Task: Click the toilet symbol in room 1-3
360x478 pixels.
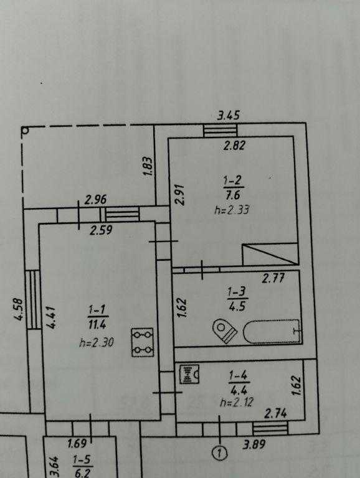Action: (225, 330)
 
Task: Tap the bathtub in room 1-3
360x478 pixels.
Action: (272, 332)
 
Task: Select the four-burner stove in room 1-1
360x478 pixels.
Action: (143, 342)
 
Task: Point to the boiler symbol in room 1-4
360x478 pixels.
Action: (189, 374)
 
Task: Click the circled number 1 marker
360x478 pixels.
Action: (220, 453)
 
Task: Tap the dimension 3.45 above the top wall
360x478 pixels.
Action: (229, 115)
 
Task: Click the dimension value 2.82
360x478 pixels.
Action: (234, 146)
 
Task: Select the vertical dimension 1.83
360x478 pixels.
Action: (148, 166)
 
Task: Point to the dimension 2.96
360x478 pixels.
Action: (96, 200)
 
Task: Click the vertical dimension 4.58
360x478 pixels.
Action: (18, 309)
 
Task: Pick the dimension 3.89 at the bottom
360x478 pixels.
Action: (254, 444)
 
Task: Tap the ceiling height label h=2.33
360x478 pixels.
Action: (232, 210)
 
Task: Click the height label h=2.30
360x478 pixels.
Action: (97, 343)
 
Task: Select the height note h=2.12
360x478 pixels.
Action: (237, 403)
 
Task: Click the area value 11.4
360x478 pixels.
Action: (97, 324)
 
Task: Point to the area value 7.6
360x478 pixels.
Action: (234, 194)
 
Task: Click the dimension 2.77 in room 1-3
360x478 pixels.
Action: (273, 278)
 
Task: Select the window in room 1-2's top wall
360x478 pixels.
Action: (220, 131)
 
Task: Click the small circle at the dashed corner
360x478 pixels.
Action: (26, 131)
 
